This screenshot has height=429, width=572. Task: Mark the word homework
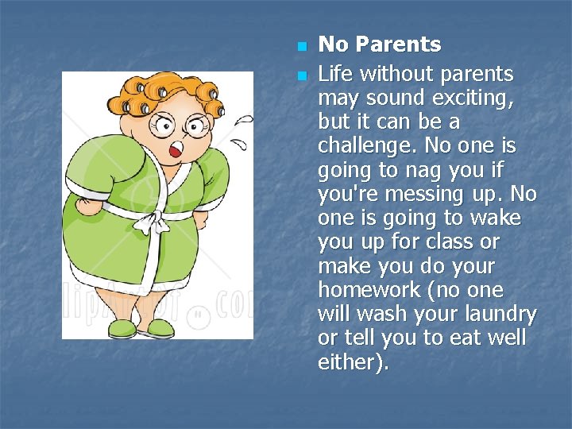pyautogui.click(x=367, y=290)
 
